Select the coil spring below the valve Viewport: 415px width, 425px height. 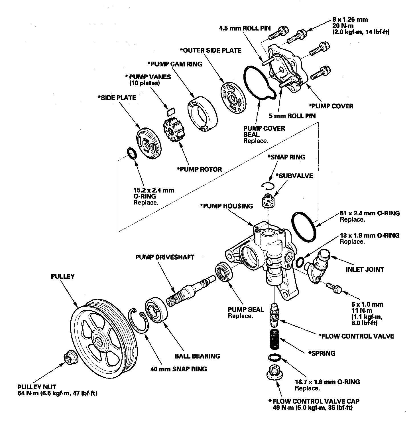click(274, 339)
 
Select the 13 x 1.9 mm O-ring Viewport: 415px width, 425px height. click(300, 261)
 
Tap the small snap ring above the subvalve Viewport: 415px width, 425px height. click(268, 185)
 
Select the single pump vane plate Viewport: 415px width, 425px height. click(171, 112)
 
